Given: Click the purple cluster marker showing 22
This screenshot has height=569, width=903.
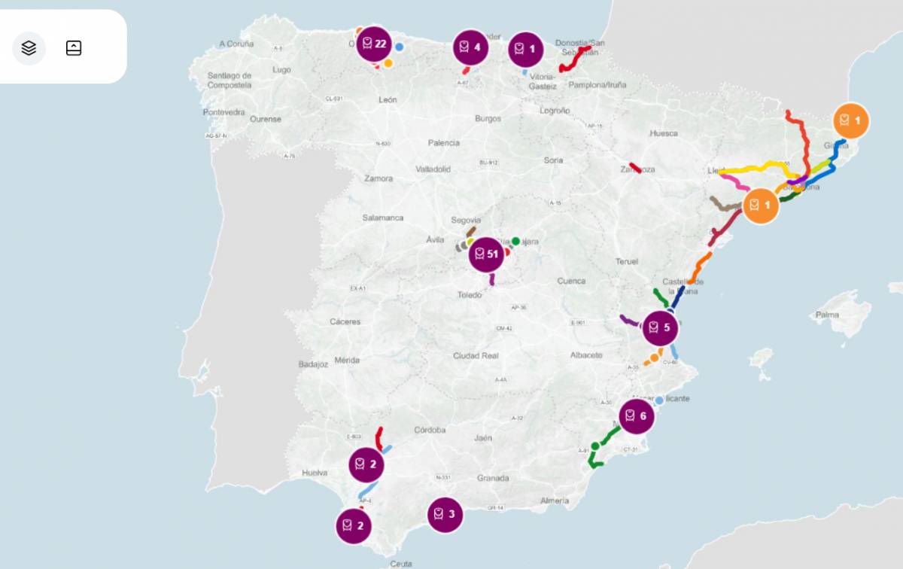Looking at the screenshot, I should pyautogui.click(x=374, y=44).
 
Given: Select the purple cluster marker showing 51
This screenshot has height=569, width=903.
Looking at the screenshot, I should pyautogui.click(x=486, y=254).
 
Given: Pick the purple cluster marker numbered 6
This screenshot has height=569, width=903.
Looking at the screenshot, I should pyautogui.click(x=637, y=415).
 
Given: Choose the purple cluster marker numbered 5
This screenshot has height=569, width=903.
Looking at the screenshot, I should pyautogui.click(x=661, y=327).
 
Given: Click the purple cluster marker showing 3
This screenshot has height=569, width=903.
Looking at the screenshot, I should pyautogui.click(x=445, y=515).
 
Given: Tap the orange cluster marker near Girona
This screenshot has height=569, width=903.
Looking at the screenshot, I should pyautogui.click(x=851, y=120).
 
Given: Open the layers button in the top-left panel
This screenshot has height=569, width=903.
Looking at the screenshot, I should pyautogui.click(x=29, y=48).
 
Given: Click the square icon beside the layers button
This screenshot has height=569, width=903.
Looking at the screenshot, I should pyautogui.click(x=74, y=48).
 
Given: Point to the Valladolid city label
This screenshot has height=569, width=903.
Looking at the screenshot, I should pyautogui.click(x=433, y=169).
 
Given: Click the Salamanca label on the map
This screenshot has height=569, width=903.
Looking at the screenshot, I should pyautogui.click(x=383, y=218).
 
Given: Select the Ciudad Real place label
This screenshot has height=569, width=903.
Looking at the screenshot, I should pyautogui.click(x=476, y=355).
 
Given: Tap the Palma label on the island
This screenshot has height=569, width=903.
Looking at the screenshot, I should pyautogui.click(x=827, y=315).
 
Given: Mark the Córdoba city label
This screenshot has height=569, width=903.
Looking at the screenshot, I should pyautogui.click(x=430, y=431).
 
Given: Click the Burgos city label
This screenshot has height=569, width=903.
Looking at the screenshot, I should pyautogui.click(x=488, y=119).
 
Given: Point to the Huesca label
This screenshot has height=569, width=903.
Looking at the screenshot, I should pyautogui.click(x=664, y=133).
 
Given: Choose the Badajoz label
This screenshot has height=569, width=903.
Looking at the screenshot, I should pyautogui.click(x=314, y=364).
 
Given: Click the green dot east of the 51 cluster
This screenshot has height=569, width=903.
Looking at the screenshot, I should pyautogui.click(x=515, y=241).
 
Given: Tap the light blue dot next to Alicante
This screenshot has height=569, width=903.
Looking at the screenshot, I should pyautogui.click(x=659, y=400).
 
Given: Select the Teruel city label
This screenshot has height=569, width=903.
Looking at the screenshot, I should pyautogui.click(x=627, y=261).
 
